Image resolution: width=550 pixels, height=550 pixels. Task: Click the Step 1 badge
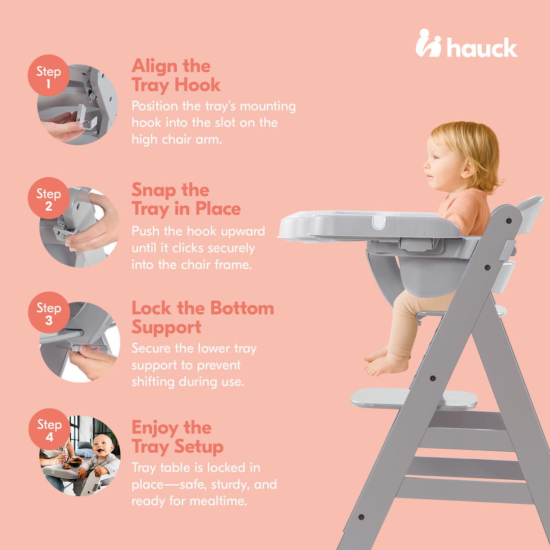[x=48, y=76]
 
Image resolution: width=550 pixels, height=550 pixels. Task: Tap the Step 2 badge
[x=48, y=198]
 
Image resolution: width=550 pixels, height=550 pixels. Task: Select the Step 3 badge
[x=48, y=313]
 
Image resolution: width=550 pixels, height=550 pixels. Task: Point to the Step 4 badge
[x=48, y=429]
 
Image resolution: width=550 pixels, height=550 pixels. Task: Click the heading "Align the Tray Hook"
[x=176, y=75]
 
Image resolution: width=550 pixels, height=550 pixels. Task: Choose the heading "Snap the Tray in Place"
[x=186, y=199]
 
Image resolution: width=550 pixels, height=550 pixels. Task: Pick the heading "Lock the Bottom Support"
[x=202, y=317]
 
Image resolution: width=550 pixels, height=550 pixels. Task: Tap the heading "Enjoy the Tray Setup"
[x=177, y=437]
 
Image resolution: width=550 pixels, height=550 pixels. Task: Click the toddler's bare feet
[x=387, y=362]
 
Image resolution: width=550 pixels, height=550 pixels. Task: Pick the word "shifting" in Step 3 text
[x=153, y=382]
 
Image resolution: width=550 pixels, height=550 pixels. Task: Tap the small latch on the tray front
[x=378, y=222]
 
